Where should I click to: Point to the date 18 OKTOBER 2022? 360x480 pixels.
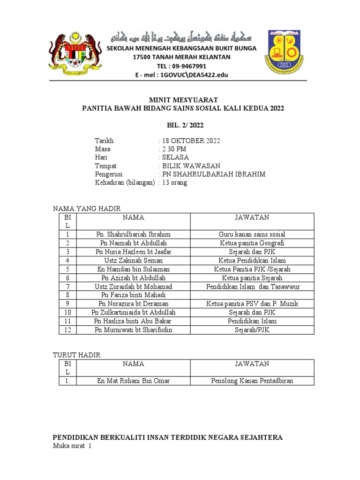[191, 141]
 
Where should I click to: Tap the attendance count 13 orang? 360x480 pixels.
[174, 183]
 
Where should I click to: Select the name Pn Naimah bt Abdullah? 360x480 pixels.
[134, 243]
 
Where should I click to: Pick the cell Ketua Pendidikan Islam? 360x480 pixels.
[252, 260]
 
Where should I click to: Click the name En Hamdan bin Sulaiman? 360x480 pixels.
[134, 269]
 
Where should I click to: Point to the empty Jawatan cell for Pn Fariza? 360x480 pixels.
[252, 295]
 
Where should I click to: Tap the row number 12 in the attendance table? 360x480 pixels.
[67, 330]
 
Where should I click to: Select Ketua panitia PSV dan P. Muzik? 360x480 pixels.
[252, 304]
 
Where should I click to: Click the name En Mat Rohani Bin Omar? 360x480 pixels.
[134, 381]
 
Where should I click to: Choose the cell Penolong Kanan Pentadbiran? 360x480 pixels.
[252, 381]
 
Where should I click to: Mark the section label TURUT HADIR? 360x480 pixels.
[76, 355]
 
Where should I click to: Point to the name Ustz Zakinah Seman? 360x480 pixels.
[134, 260]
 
